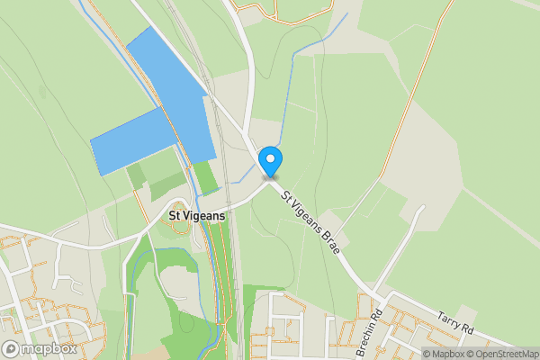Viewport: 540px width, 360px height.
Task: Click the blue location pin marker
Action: click(270, 161)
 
